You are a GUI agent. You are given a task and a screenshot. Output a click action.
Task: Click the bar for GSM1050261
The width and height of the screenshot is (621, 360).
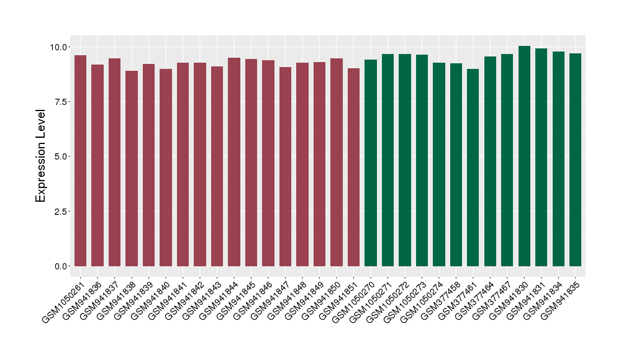coord(80,161)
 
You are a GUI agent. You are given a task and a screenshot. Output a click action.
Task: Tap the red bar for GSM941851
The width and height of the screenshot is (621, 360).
coord(353,168)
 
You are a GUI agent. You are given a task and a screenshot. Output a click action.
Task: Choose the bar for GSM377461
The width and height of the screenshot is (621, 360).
coord(473,168)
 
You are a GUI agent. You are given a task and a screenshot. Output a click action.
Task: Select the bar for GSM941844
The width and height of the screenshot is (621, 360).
coord(234,162)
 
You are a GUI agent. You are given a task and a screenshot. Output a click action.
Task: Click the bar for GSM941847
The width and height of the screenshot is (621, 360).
coord(285,167)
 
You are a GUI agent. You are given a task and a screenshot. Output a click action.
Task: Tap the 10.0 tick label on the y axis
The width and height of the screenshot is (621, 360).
coord(59,47)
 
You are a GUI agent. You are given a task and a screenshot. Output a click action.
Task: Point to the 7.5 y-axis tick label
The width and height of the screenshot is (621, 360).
coord(61,102)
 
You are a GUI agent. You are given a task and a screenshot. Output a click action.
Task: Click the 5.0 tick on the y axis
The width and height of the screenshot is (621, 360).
coord(61,156)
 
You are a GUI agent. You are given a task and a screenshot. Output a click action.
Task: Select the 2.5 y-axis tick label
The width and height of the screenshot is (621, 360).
coord(61,212)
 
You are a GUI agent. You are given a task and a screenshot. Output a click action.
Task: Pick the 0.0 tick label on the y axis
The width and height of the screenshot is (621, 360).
coord(61,266)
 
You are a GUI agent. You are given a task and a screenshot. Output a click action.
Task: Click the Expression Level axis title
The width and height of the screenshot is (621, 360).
coord(41,156)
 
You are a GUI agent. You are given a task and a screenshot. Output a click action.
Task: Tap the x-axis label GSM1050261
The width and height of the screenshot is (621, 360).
coord(64,302)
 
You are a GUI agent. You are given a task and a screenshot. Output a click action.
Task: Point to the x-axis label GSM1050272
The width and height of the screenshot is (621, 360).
coord(388,302)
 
